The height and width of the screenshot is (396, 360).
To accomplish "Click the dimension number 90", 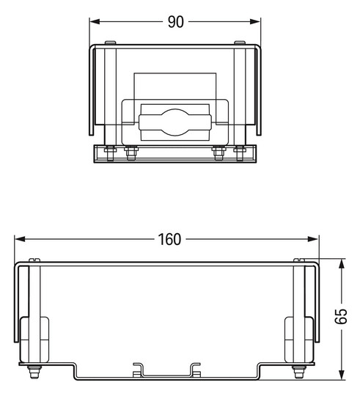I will point(175,22).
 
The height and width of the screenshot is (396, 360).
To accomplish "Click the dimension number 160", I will point(168,240).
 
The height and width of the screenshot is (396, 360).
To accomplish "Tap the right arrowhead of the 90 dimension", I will point(257,22).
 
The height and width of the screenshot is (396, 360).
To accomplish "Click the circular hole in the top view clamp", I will point(175,121).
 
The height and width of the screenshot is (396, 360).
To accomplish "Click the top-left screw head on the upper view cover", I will point(109,43).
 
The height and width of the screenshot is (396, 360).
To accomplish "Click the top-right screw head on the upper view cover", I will point(240,43).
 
